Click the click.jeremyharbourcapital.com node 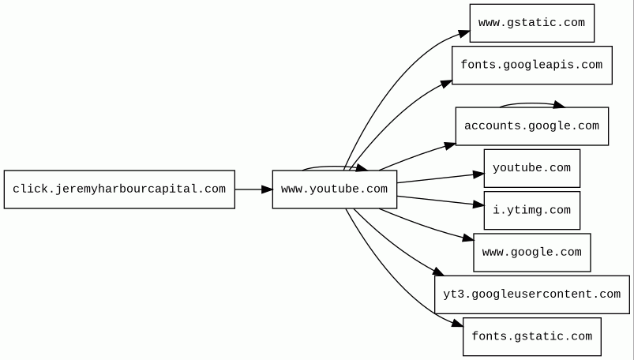119,189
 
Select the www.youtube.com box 335,189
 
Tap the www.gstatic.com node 531,23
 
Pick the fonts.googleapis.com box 531,65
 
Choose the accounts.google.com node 531,126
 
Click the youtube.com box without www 531,168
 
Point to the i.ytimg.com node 531,210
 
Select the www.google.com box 531,253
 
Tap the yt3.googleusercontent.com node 531,294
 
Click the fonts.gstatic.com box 531,336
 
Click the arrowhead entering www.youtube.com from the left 268,189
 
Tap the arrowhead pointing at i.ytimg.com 478,205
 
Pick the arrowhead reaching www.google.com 468,238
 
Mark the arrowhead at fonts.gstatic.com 457,322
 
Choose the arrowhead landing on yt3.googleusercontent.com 439,272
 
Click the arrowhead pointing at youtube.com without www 478,174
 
